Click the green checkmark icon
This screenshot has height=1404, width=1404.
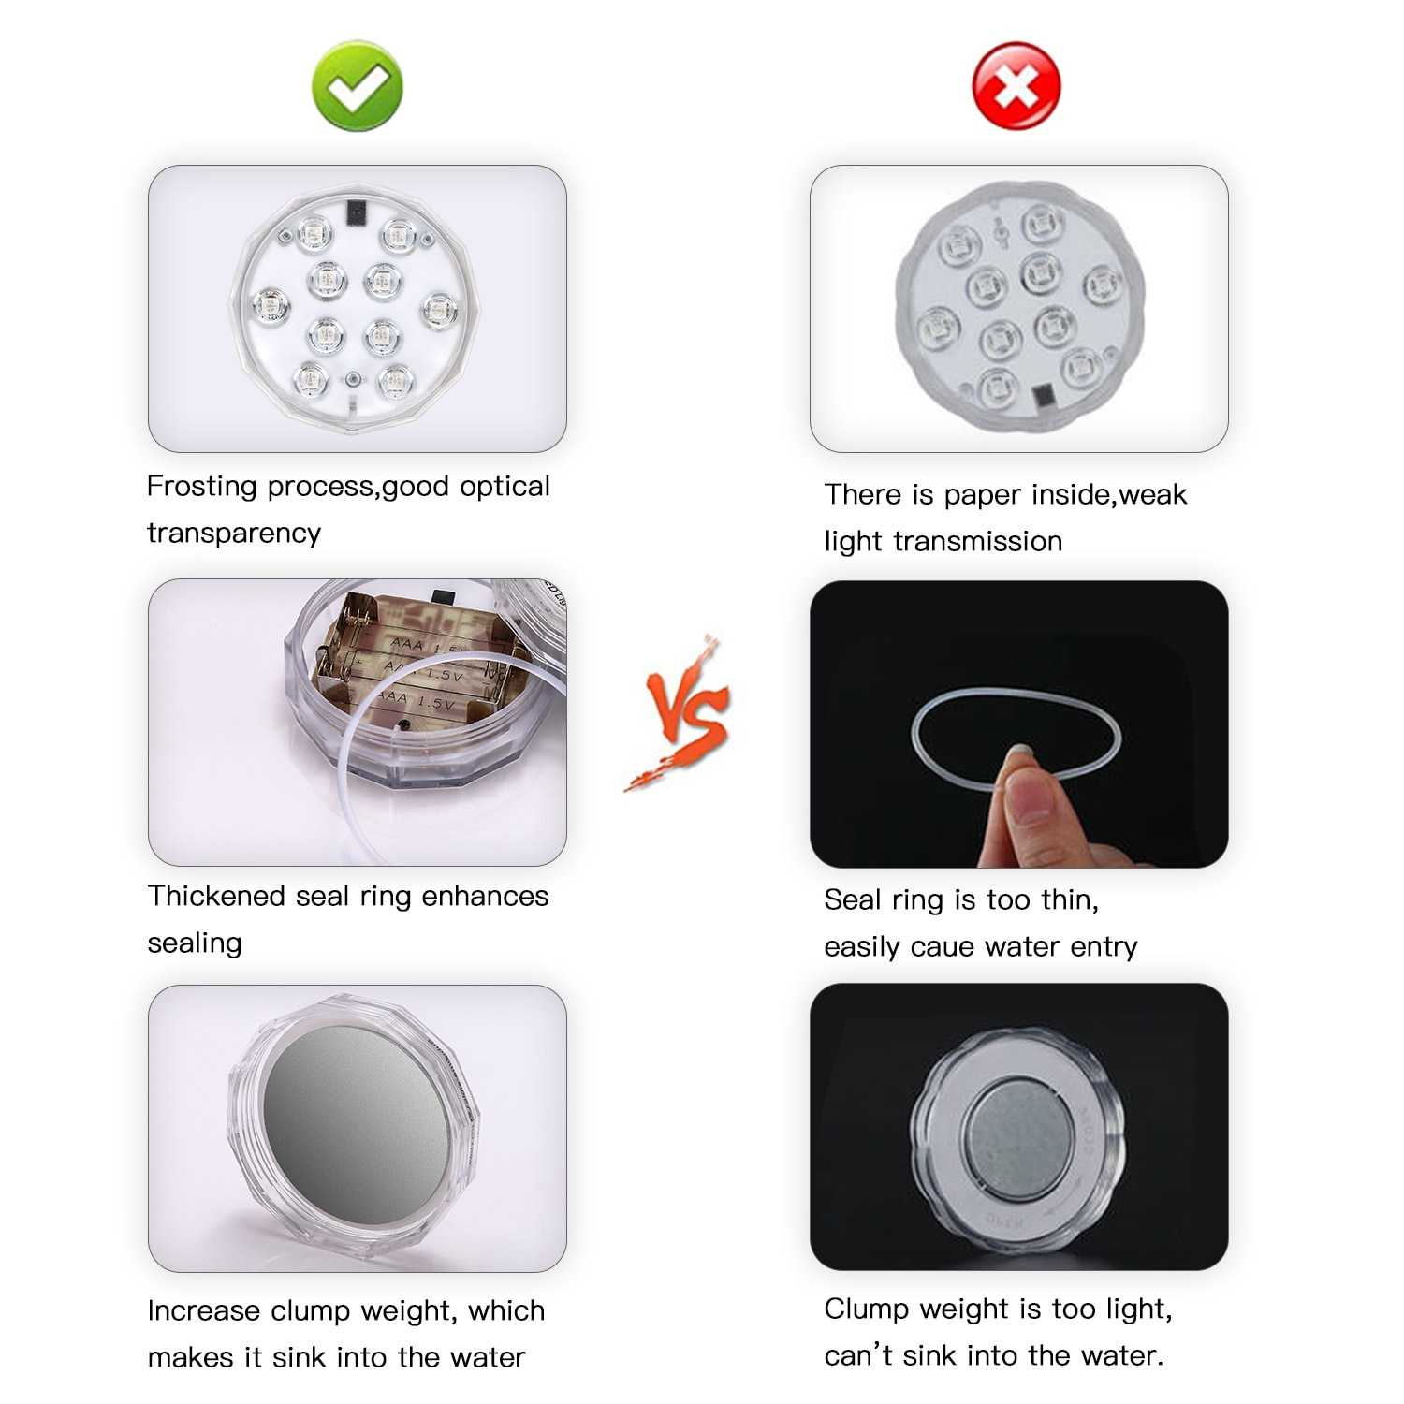pos(358,86)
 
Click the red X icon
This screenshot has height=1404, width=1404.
pos(1016,86)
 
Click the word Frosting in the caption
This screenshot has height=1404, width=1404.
pos(201,487)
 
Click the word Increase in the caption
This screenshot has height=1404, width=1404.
pos(203,1310)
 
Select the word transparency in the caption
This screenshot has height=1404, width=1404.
pos(234,533)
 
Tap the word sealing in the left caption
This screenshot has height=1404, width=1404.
pos(195,943)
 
